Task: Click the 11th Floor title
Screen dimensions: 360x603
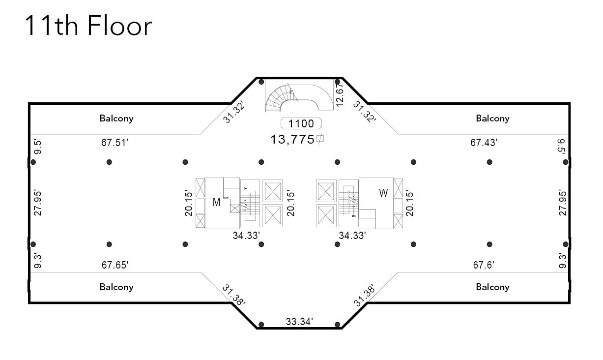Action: (88, 26)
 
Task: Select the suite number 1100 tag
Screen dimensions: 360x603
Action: (301, 124)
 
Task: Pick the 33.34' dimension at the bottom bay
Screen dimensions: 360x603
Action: (300, 322)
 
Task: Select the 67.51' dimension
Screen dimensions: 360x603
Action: (115, 143)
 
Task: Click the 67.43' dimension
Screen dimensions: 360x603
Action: (484, 143)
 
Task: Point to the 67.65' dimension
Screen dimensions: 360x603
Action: (115, 265)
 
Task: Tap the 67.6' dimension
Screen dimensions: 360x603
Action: (484, 265)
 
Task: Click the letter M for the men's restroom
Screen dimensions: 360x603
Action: (216, 202)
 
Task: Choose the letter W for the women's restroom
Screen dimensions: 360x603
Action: (383, 193)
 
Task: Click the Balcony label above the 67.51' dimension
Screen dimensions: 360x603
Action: (116, 119)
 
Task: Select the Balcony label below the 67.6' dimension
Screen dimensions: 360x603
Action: (492, 287)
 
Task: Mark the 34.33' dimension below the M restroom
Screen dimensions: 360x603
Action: (246, 236)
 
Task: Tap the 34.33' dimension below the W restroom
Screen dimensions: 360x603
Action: (352, 236)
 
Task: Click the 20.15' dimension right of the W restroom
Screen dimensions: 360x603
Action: (410, 203)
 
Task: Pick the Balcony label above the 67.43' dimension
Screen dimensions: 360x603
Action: (492, 119)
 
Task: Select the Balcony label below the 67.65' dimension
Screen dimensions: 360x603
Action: (116, 287)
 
